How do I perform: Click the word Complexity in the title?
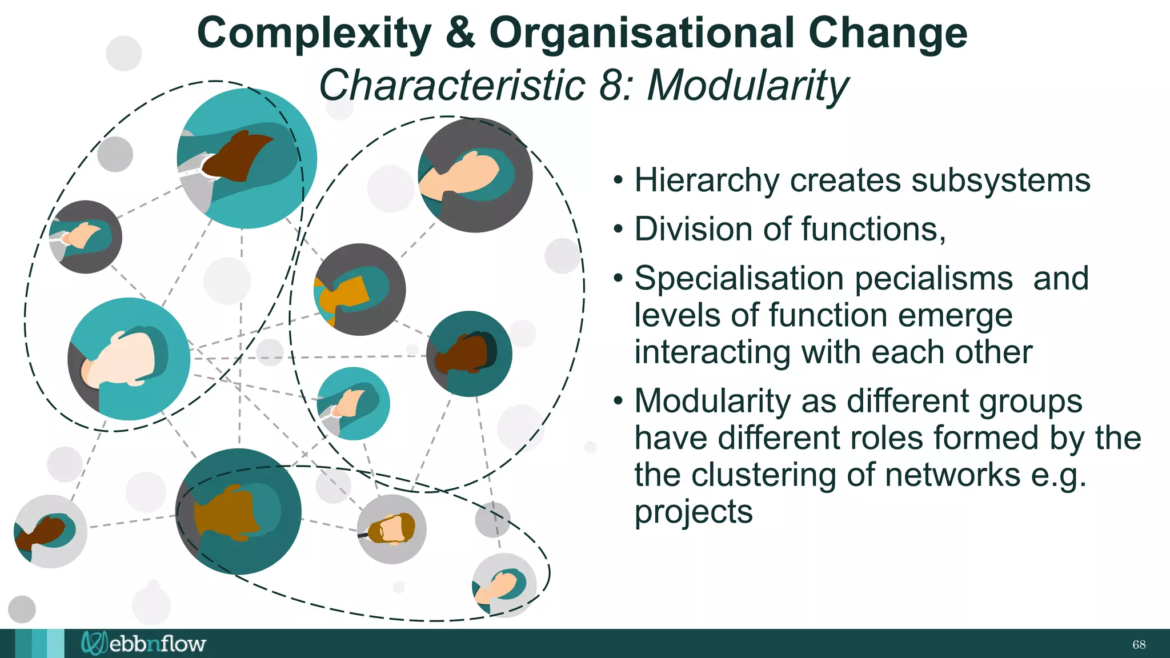[x=314, y=33]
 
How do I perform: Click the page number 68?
[x=1139, y=645]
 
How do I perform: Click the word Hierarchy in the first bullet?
[x=707, y=180]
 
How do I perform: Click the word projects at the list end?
[x=694, y=512]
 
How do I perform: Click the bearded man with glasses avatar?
[x=391, y=529]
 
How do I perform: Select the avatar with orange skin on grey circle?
[x=359, y=290]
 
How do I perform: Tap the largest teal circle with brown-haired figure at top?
[x=247, y=158]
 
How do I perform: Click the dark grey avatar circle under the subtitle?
[x=475, y=175]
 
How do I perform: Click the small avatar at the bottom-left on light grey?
[x=50, y=531]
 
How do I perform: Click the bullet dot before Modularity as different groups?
[x=618, y=402]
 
